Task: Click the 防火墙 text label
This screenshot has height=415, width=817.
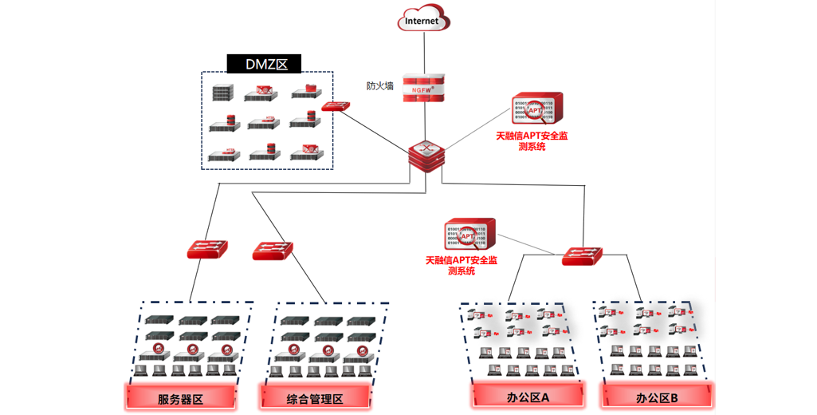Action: pos(380,86)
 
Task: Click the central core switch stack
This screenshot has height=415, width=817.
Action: pos(425,155)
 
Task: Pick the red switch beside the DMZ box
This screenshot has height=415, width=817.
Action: pos(336,106)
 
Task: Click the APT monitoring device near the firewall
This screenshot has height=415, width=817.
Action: pos(538,109)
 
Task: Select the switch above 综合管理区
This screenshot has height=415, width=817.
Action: pos(273,251)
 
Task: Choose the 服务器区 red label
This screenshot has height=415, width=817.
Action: pos(181,397)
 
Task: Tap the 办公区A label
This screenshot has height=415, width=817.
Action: pos(529,396)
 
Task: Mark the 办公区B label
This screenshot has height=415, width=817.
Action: pos(657,397)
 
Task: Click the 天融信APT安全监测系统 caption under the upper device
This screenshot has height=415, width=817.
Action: pos(532,141)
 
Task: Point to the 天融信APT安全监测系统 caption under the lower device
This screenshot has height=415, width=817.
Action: pos(462,266)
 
